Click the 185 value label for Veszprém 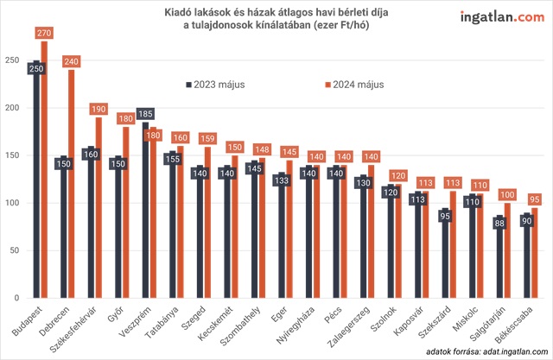tap(146, 112)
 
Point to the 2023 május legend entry tap(216, 85)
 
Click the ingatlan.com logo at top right tap(496, 16)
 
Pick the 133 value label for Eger tap(283, 180)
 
